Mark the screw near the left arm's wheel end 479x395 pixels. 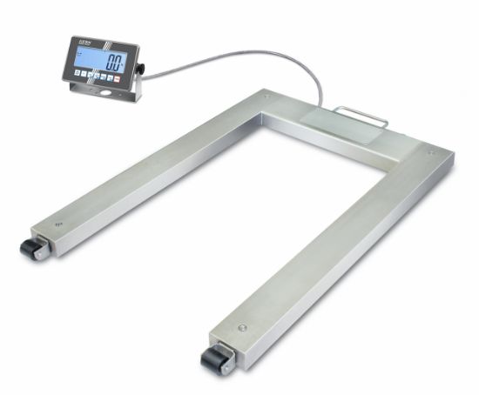pos(58,224)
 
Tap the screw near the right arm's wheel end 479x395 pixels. pos(241,327)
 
